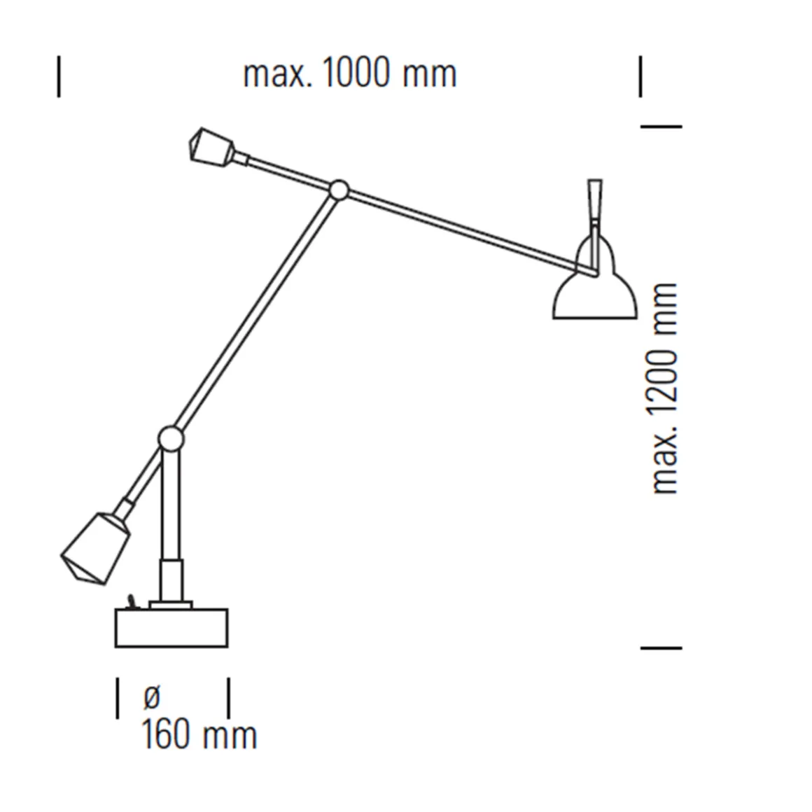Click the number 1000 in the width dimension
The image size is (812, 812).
coord(356,73)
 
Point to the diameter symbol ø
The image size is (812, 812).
coord(151,697)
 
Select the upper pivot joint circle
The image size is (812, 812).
coord(339,190)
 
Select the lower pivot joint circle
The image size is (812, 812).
coord(170,439)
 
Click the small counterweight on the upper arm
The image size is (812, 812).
coord(212,148)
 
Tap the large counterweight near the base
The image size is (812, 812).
coord(97,548)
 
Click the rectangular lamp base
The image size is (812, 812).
coord(171,628)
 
